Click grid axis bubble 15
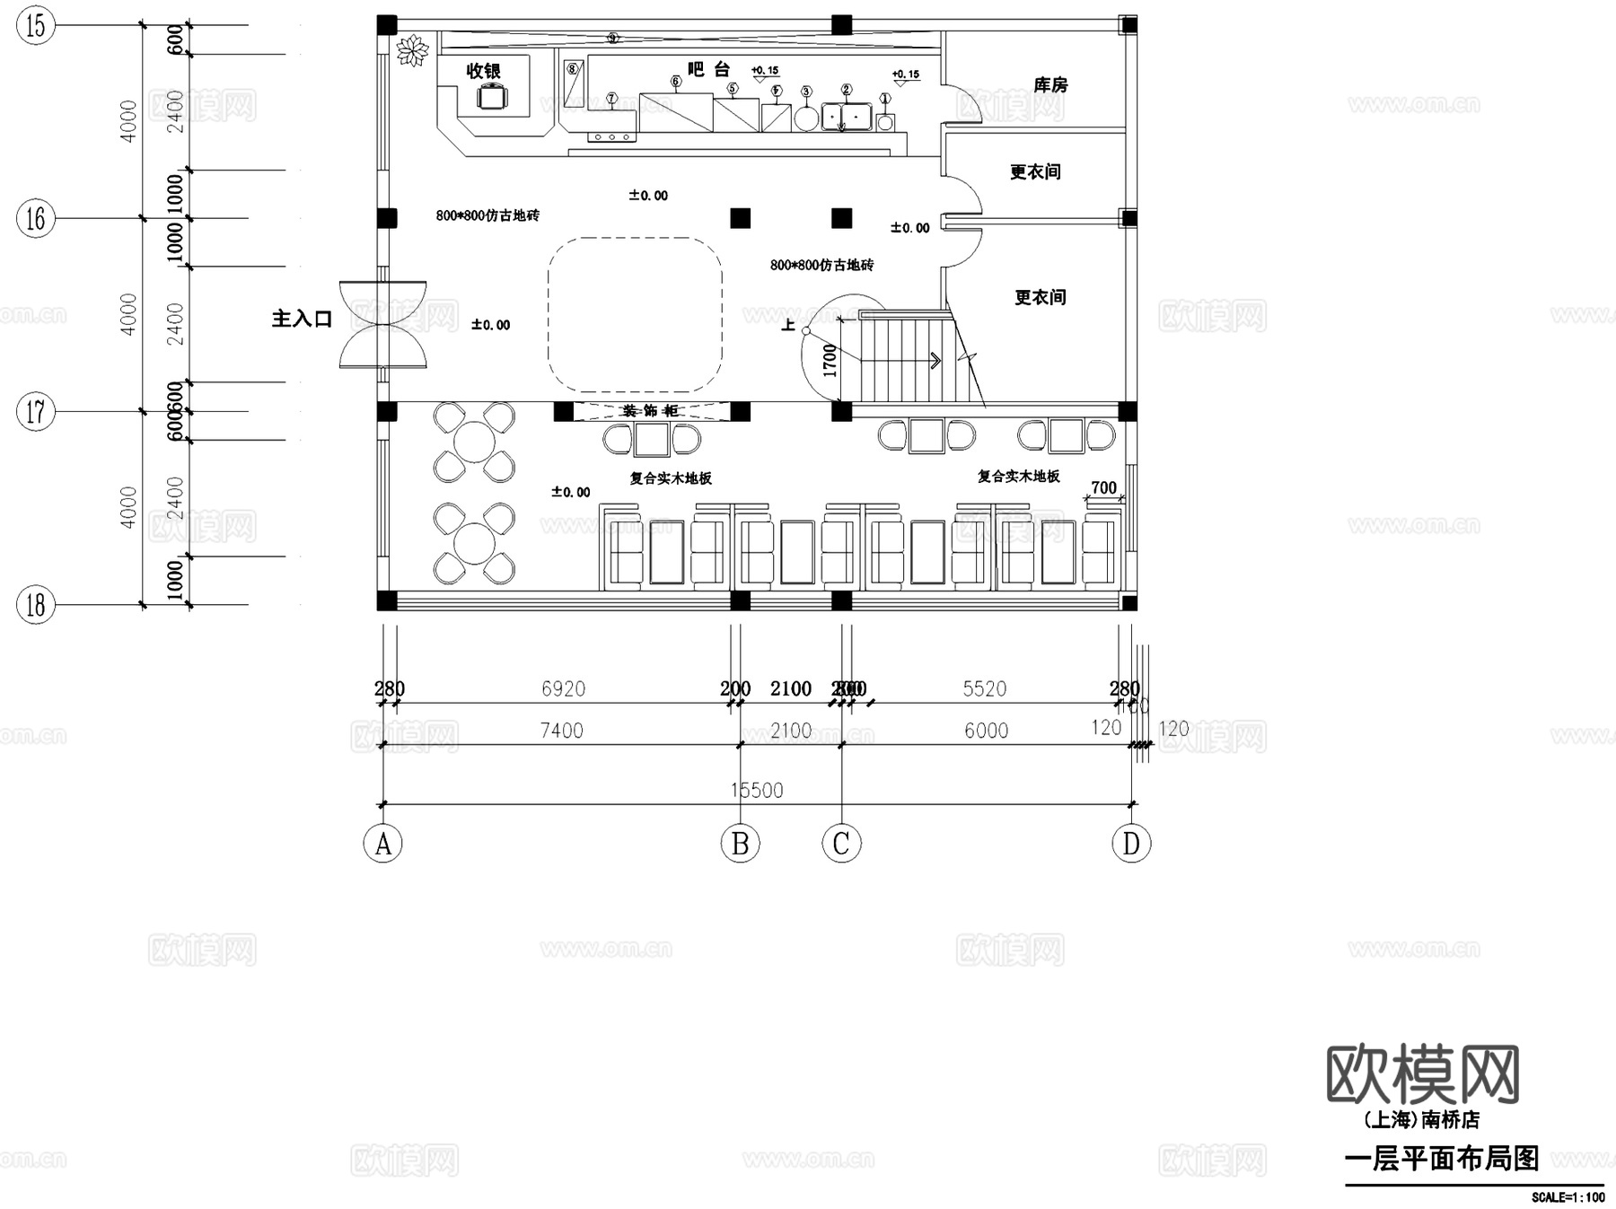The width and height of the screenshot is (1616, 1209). tap(36, 26)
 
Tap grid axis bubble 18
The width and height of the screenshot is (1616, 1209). tap(36, 605)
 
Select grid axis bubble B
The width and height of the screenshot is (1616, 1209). tap(740, 844)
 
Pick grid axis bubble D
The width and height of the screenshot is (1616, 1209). tap(1130, 844)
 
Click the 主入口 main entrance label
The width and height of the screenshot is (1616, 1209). tap(302, 319)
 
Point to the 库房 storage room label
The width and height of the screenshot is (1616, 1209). tap(1050, 85)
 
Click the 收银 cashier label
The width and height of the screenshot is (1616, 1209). tap(483, 71)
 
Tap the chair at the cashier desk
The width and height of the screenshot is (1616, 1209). tap(492, 97)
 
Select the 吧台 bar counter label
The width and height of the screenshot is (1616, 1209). tap(708, 69)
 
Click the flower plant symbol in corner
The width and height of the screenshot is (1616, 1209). tap(413, 49)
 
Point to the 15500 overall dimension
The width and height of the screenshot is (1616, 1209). tap(756, 790)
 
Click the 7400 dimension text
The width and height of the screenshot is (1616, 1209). tap(561, 731)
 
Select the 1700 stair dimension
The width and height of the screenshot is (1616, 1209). tap(830, 360)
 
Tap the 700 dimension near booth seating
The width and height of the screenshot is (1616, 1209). tap(1103, 488)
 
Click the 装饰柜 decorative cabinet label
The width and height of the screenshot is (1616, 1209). tap(650, 411)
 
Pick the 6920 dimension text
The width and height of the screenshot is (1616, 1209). tap(563, 688)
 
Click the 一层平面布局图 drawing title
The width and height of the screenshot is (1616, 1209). tap(1441, 1158)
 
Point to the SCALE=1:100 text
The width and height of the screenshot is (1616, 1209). tap(1568, 1197)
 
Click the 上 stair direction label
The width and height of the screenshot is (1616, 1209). tap(788, 325)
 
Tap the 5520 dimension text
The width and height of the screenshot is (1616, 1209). tap(984, 688)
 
